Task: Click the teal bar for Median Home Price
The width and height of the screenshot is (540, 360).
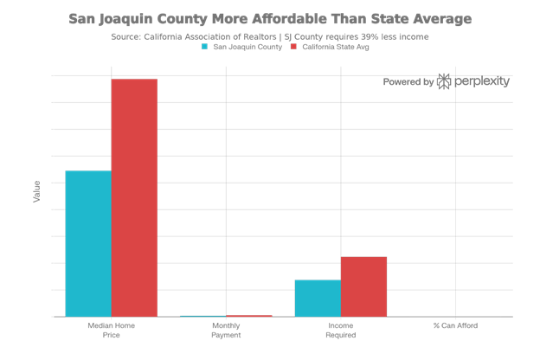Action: pos(88,243)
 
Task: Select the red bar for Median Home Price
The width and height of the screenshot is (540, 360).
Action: pos(134,197)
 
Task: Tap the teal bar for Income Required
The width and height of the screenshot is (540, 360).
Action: pos(318,298)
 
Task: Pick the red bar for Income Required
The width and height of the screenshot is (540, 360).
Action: pos(363,286)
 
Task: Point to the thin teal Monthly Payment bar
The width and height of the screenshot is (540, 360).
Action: pos(202,316)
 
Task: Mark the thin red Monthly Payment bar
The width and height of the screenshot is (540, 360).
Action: pos(249,316)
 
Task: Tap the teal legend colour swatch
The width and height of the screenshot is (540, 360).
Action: pos(204,47)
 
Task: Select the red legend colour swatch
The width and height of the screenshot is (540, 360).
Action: pos(292,47)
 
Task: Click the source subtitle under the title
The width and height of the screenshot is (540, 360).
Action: pos(269,36)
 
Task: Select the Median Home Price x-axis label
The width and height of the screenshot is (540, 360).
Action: pos(111,330)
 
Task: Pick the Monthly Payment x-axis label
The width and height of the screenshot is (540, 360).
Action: pos(226,330)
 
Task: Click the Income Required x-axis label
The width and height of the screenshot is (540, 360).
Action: pos(340,330)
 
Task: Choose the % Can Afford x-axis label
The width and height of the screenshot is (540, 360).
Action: pos(455,326)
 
